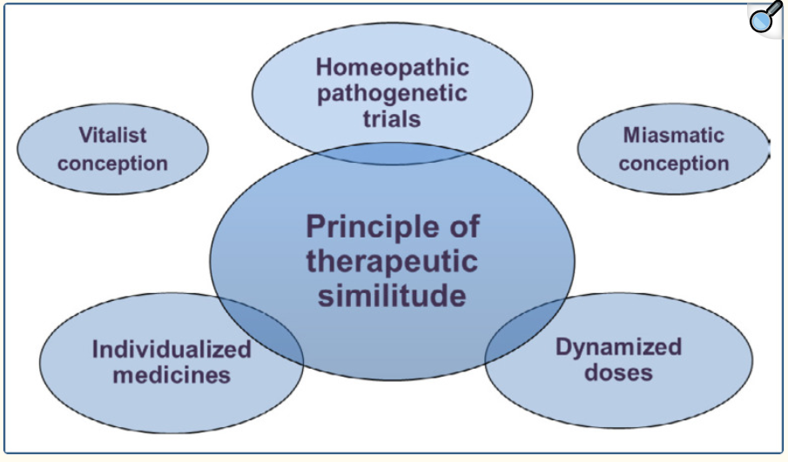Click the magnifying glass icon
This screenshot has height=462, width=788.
(765, 17)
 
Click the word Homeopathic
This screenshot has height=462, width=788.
(393, 67)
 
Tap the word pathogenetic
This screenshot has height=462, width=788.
(392, 94)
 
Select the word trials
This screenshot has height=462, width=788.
(392, 119)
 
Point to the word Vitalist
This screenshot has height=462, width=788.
(112, 135)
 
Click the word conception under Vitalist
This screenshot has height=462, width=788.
(112, 164)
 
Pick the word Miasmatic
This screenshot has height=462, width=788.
(673, 135)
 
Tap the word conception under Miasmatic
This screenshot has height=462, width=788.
(673, 164)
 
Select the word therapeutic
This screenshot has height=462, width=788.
(392, 262)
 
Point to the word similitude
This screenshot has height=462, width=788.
(392, 295)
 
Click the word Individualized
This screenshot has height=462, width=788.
(172, 350)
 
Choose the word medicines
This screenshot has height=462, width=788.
(172, 376)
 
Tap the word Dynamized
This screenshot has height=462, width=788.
(618, 347)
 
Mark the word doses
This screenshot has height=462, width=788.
(618, 373)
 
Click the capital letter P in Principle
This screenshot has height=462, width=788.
(315, 226)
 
